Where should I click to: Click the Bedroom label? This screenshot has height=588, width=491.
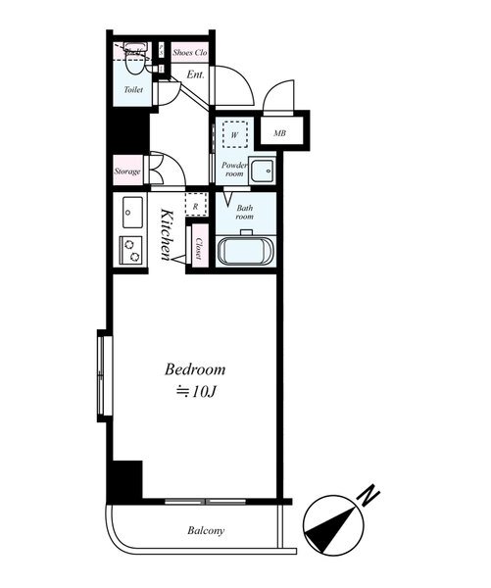[x=195, y=369]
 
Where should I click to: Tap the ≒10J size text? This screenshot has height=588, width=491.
[x=197, y=392]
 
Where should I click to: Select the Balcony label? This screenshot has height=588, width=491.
[x=206, y=530]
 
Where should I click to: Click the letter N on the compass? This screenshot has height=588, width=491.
[x=368, y=496]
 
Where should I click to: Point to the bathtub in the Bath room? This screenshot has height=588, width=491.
[x=246, y=252]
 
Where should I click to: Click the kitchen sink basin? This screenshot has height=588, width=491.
[x=132, y=212]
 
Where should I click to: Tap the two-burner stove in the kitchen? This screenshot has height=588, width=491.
[x=131, y=250]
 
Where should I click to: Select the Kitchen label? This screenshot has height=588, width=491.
[x=167, y=235]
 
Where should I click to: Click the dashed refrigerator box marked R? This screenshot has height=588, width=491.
[x=196, y=205]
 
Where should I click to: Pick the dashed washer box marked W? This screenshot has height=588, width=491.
[x=235, y=134]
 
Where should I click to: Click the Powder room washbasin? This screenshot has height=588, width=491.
[x=263, y=171]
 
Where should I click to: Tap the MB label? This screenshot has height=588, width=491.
[x=280, y=133]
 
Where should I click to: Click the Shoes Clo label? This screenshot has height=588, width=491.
[x=190, y=53]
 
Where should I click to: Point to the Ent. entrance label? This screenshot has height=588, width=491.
[x=196, y=74]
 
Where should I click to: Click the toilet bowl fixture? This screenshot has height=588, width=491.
[x=134, y=61]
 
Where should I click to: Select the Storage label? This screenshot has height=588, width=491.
[x=127, y=171]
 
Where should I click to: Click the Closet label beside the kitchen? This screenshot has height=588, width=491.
[x=198, y=249]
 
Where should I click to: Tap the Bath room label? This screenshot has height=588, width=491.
[x=245, y=213]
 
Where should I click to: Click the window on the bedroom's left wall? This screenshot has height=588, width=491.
[x=101, y=375]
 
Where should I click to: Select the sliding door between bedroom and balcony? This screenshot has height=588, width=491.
[x=206, y=502]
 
